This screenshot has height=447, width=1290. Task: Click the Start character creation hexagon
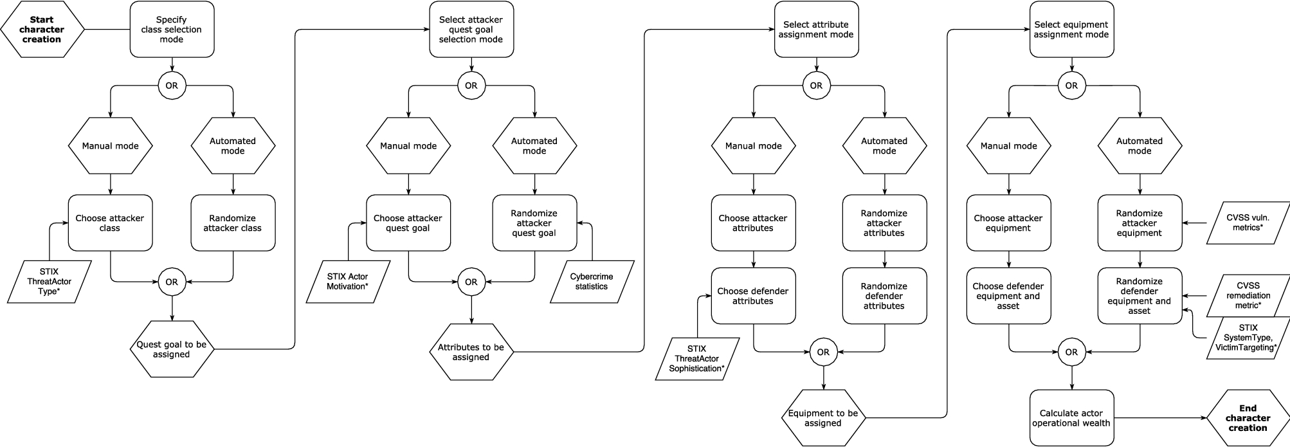pyautogui.click(x=42, y=30)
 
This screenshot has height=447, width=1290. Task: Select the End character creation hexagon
pyautogui.click(x=1247, y=418)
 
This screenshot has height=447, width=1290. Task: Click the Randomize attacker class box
pyautogui.click(x=233, y=223)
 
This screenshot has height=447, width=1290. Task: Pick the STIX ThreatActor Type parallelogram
pyautogui.click(x=50, y=282)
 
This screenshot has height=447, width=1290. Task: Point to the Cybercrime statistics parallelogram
pyautogui.click(x=592, y=282)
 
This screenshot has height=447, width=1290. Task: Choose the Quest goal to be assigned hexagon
pyautogui.click(x=171, y=349)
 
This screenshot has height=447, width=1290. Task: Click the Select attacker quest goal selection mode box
pyautogui.click(x=471, y=30)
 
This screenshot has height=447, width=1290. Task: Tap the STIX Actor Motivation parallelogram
pyautogui.click(x=348, y=282)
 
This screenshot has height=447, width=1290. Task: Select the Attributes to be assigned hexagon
pyautogui.click(x=471, y=352)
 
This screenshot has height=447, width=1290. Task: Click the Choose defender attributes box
pyautogui.click(x=753, y=296)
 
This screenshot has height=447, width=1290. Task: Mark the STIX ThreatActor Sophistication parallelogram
pyautogui.click(x=697, y=359)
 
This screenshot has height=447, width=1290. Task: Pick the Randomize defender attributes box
pyautogui.click(x=884, y=296)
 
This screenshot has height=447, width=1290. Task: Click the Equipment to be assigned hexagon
pyautogui.click(x=822, y=418)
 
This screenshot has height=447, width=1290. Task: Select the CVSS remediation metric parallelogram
pyautogui.click(x=1248, y=295)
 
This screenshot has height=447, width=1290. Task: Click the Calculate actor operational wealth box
pyautogui.click(x=1071, y=418)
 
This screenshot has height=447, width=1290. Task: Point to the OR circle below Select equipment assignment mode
pyautogui.click(x=1071, y=86)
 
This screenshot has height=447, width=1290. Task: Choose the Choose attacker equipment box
pyautogui.click(x=1008, y=223)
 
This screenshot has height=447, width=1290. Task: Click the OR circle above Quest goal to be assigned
pyautogui.click(x=171, y=282)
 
